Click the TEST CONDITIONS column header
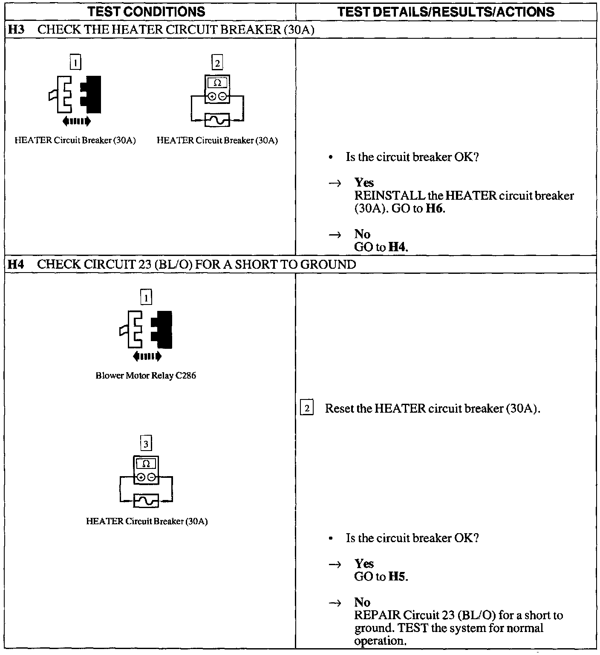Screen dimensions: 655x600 click(x=146, y=11)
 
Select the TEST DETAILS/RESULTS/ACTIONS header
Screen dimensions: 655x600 click(x=446, y=11)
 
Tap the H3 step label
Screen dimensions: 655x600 click(x=15, y=30)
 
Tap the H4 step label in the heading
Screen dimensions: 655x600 click(x=15, y=264)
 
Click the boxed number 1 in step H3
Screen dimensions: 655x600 click(x=75, y=63)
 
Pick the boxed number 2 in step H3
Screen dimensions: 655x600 click(x=217, y=63)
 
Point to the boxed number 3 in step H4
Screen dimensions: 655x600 click(x=146, y=444)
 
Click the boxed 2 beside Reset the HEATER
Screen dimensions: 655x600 click(x=307, y=408)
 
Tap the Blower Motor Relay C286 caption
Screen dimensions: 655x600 click(x=146, y=376)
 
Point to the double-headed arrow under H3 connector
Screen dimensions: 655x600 click(x=77, y=121)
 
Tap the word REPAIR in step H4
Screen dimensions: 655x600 click(x=377, y=615)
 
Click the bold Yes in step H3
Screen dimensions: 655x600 click(x=364, y=183)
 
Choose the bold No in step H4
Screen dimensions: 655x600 click(x=362, y=602)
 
